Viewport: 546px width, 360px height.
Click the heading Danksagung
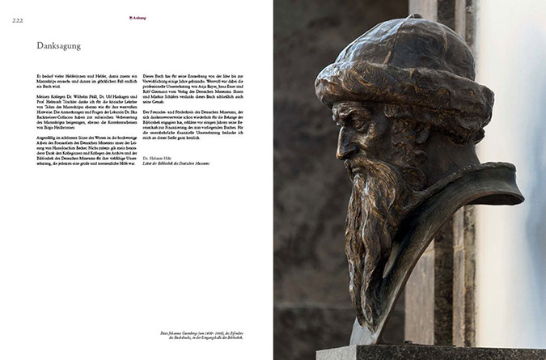58,46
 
